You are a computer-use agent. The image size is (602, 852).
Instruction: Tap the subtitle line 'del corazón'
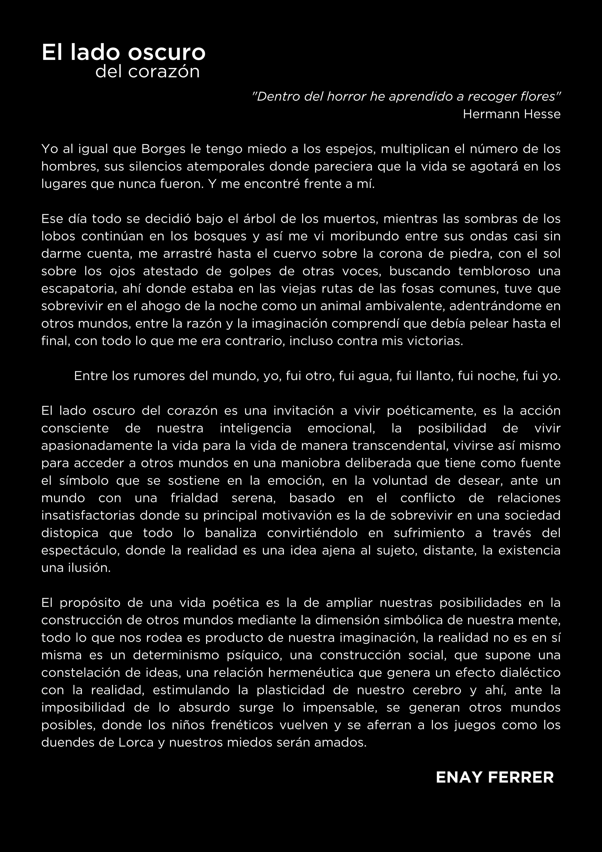(148, 72)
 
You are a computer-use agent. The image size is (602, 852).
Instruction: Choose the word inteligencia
(256, 428)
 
